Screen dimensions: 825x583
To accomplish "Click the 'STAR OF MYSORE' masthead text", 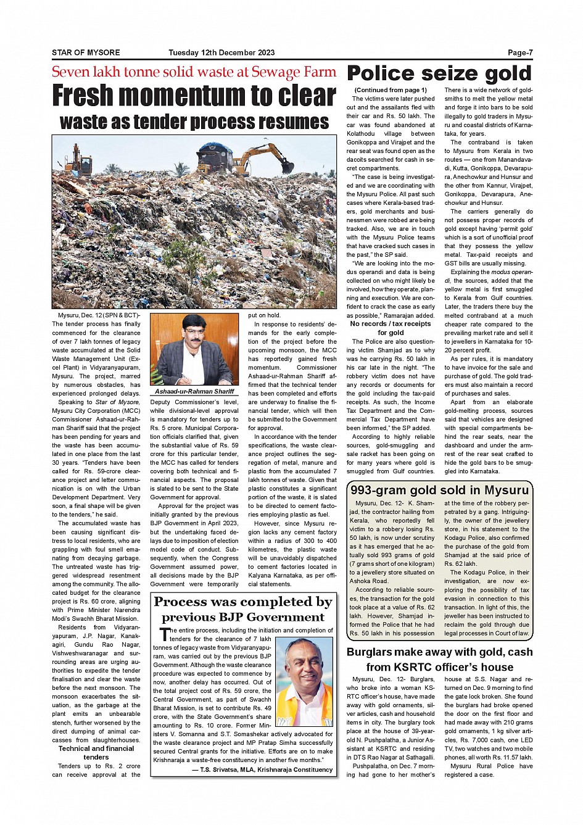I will point(86,52).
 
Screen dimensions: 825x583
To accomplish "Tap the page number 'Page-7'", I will point(520,52).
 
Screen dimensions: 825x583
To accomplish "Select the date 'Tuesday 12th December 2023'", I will point(221,52).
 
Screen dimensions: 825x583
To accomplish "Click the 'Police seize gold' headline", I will point(439,74).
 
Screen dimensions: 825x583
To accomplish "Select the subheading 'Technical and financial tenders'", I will point(96,753).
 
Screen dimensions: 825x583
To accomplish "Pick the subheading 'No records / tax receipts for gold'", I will point(391,328).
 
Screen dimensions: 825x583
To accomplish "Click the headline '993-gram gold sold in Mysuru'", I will point(439,491).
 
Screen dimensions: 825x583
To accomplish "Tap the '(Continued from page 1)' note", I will point(391,90).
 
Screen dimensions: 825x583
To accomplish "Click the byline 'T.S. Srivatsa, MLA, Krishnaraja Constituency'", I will point(262,769).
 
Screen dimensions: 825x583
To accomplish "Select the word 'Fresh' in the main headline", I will point(83,96).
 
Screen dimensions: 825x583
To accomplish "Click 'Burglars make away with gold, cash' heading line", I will point(439,652).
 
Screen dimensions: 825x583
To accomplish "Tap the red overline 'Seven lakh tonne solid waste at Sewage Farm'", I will point(194,72).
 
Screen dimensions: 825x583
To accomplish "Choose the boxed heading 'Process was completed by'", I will point(243,602).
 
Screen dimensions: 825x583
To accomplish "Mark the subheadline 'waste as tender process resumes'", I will point(194,122).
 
